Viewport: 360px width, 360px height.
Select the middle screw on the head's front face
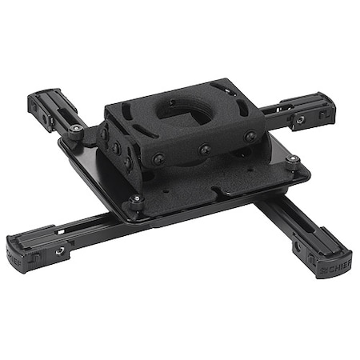(x=205, y=149)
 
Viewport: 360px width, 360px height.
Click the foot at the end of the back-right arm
(x=309, y=110)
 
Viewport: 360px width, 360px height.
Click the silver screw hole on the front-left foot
(x=59, y=251)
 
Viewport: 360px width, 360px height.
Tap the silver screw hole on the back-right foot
(x=300, y=121)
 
